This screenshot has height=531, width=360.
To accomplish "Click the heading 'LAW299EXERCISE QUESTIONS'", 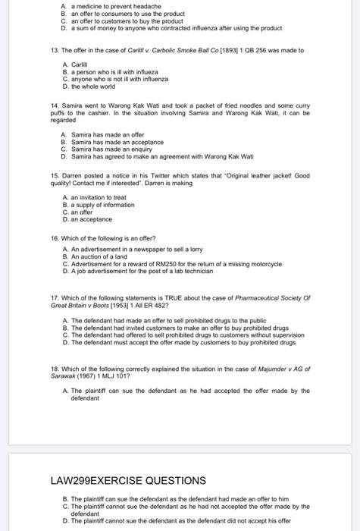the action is pyautogui.click(x=128, y=480).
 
